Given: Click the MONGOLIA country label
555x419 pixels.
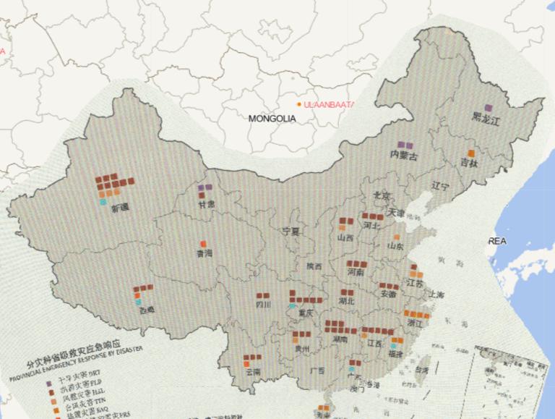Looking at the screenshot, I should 272,118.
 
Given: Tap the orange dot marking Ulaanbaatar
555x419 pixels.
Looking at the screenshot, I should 299,104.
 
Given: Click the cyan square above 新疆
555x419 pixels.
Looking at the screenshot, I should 103,202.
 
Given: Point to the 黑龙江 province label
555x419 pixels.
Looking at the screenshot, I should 486,121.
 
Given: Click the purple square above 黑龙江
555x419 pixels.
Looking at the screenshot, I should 489,109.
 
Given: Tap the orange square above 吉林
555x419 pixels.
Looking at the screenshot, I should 471,153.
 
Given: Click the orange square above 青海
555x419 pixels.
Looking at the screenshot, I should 204,243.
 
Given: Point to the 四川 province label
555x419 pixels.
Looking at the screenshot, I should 263,305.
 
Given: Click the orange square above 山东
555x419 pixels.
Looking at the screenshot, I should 397,237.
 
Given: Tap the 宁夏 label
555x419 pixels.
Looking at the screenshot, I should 290,232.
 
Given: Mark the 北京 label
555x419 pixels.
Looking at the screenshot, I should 381,195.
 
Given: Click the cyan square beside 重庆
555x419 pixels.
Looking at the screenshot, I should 293,306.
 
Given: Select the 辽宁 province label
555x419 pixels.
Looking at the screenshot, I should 441,186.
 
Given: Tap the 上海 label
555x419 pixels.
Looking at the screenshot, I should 436,295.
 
